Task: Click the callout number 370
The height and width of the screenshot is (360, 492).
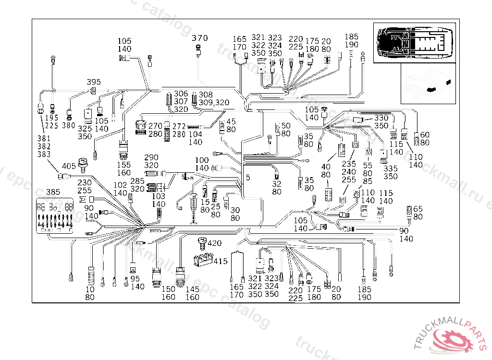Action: pyautogui.click(x=200, y=38)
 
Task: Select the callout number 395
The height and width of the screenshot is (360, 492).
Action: pyautogui.click(x=94, y=82)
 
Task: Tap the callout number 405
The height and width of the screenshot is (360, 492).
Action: pyautogui.click(x=69, y=167)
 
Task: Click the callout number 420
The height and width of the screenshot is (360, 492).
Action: pyautogui.click(x=214, y=243)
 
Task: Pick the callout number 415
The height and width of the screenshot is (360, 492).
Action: pyautogui.click(x=221, y=262)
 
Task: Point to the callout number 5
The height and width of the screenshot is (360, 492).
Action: pyautogui.click(x=248, y=178)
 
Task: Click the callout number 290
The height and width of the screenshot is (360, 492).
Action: pyautogui.click(x=151, y=157)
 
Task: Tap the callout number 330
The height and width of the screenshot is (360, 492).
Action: pyautogui.click(x=381, y=118)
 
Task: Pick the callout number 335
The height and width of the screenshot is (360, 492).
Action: pyautogui.click(x=391, y=168)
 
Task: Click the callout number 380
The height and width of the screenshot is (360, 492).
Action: pyautogui.click(x=69, y=126)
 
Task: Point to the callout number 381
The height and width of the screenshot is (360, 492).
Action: pyautogui.click(x=44, y=138)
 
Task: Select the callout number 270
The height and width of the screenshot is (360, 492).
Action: pyautogui.click(x=155, y=126)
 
